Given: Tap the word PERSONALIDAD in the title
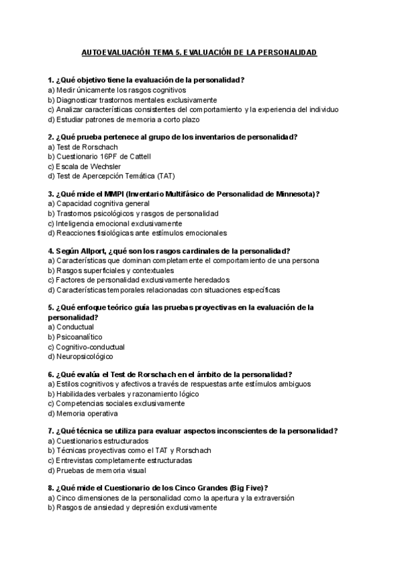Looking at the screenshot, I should pyautogui.click(x=286, y=51).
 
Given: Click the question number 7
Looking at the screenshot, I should pyautogui.click(x=51, y=431).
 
